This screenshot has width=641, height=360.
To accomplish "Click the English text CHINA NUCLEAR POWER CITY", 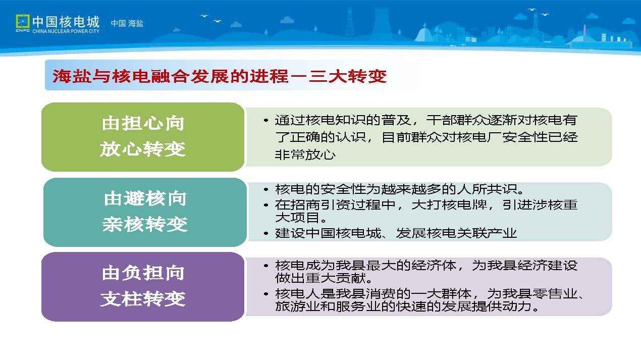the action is point(66,31).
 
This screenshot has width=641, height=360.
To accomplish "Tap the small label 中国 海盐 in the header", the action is point(127,23).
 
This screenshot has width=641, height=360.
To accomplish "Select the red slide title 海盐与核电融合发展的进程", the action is point(170,76).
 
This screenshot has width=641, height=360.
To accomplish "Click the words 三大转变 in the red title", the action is point(348,76).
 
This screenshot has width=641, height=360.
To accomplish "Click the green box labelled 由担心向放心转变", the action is point(143,137).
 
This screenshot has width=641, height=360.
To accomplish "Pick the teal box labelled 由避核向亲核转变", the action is point(145,212).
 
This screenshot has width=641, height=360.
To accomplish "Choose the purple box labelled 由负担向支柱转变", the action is point(143,287).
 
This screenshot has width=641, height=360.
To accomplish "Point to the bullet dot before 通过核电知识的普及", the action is point(266,121).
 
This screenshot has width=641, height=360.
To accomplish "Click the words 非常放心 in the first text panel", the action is point(305,155).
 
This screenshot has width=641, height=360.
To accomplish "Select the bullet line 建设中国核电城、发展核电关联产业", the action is point(396,233).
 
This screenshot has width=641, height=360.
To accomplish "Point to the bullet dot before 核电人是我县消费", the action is point(266,294).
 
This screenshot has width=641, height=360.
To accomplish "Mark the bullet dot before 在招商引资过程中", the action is point(266,205).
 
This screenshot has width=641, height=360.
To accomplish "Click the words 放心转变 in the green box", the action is point(142,149).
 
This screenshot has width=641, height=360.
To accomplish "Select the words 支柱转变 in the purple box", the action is point(142,299).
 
